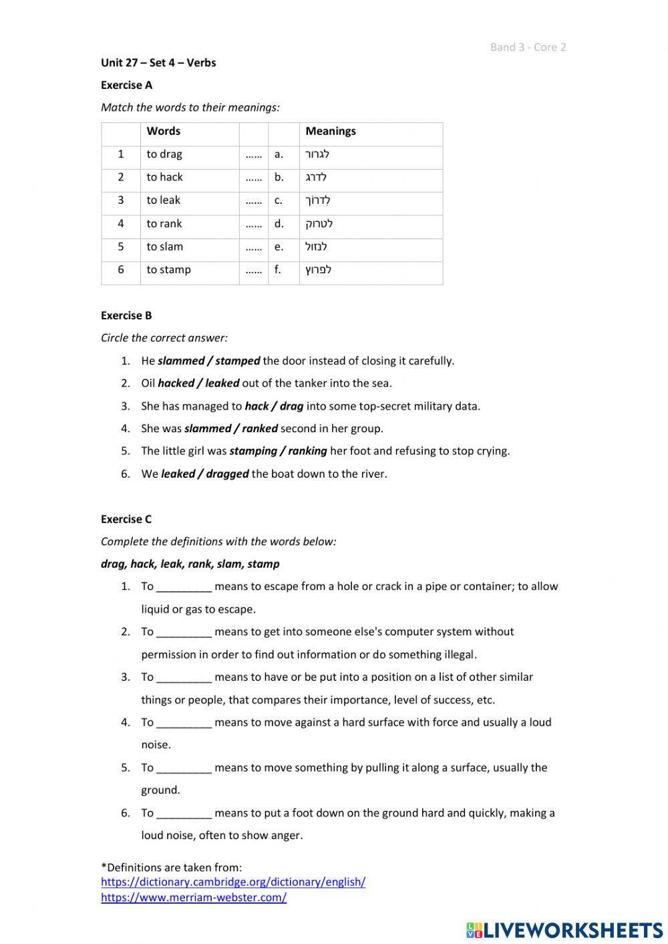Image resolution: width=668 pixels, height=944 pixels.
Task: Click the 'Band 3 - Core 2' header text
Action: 528,47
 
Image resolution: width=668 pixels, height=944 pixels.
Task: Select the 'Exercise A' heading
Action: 126,85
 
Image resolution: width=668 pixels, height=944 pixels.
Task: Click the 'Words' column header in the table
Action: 163,131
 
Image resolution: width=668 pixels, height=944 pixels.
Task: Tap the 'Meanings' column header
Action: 330,131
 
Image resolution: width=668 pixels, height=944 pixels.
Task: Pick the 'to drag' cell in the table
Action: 164,154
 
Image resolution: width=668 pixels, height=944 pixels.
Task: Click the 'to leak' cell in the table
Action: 163,200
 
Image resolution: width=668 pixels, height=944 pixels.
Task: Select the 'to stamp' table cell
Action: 168,270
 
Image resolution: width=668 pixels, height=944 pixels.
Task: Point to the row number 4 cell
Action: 121,224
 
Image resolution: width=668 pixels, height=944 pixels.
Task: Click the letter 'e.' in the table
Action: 279,247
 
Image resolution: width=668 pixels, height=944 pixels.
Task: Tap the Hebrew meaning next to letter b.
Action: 316,177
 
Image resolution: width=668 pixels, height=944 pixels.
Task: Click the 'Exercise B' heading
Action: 126,315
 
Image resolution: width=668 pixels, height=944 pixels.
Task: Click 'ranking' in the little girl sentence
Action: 307,451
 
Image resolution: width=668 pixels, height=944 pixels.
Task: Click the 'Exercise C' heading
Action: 126,519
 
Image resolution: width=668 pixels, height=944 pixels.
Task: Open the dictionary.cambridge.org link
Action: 233,882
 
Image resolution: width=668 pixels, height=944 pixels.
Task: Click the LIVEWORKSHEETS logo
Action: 564,929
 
